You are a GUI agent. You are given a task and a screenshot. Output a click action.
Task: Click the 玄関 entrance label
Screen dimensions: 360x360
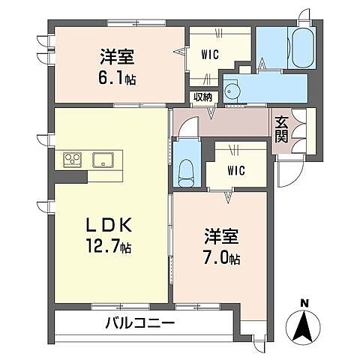click(281, 129)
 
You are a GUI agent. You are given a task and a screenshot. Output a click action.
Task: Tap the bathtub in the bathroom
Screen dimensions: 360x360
click(302, 49)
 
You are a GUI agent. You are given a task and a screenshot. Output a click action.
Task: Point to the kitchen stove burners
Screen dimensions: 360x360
click(73, 159)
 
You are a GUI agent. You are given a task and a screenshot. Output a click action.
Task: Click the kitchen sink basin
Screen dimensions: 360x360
click(102, 159)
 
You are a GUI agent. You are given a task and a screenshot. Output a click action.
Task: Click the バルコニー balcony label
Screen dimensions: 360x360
click(139, 324)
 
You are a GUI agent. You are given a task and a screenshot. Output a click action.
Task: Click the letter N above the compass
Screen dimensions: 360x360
click(304, 302)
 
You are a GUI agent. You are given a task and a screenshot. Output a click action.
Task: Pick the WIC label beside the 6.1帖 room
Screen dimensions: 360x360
click(209, 54)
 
